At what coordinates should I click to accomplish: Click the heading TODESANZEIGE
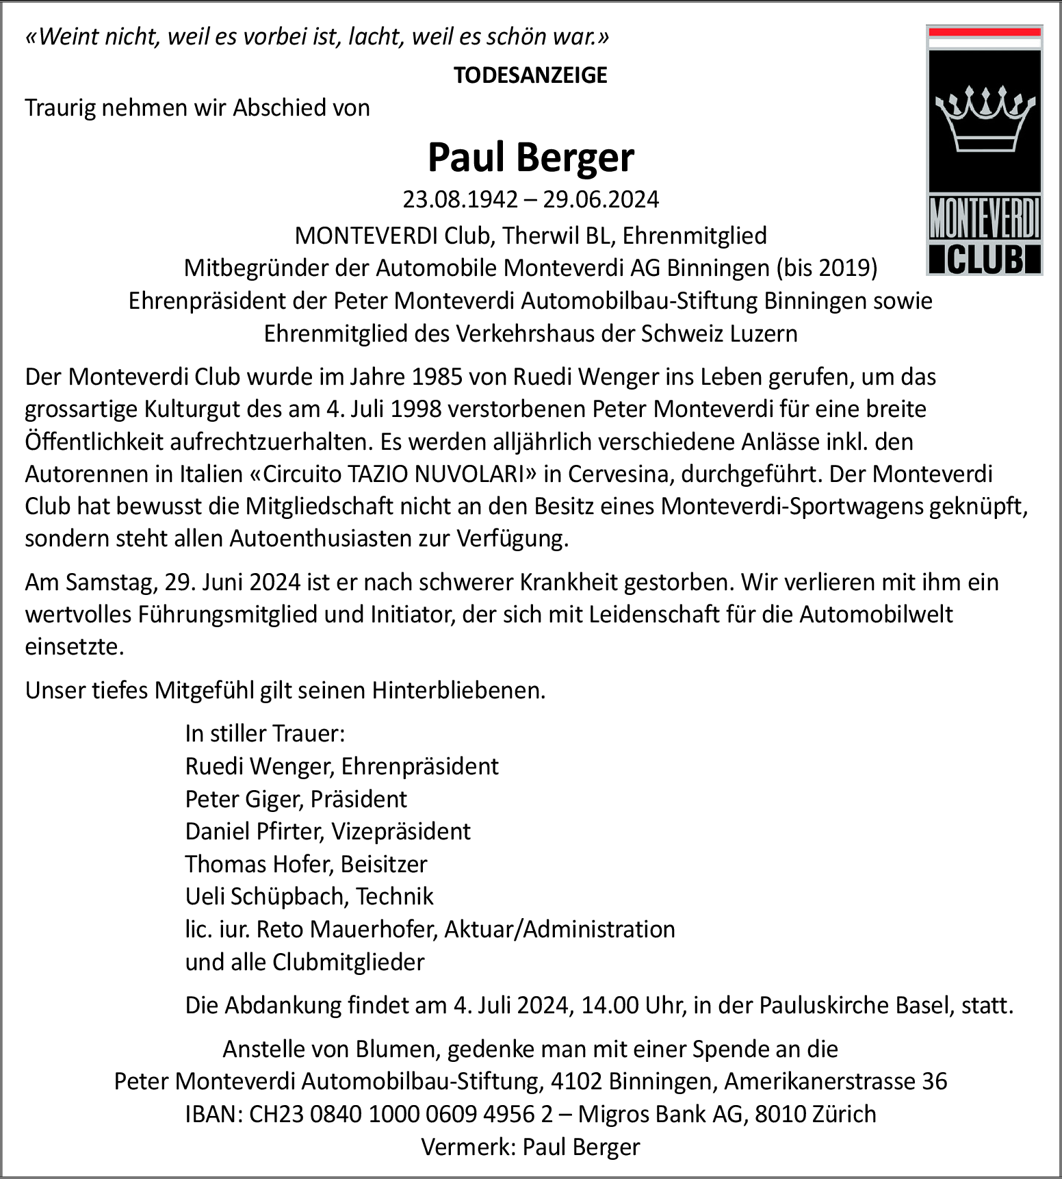pyautogui.click(x=530, y=75)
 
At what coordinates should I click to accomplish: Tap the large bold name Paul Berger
pyautogui.click(x=530, y=157)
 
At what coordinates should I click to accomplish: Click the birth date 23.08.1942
pyautogui.click(x=460, y=199)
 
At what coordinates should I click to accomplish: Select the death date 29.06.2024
pyautogui.click(x=601, y=199)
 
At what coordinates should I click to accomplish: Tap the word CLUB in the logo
pyautogui.click(x=985, y=259)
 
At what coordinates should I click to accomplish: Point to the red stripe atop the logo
pyautogui.click(x=984, y=32)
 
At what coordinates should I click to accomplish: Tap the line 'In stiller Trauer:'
pyautogui.click(x=265, y=733)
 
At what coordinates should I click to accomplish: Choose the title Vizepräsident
pyautogui.click(x=401, y=831)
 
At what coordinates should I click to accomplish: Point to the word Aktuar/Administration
pyautogui.click(x=560, y=929)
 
